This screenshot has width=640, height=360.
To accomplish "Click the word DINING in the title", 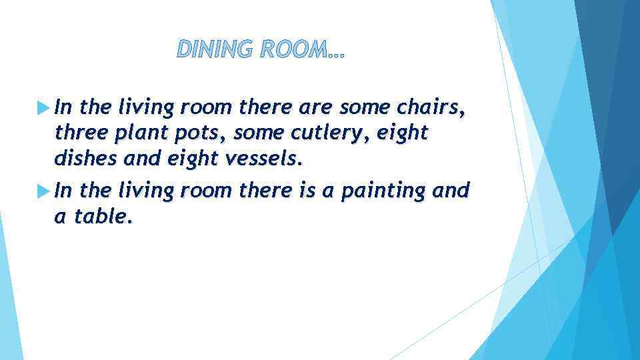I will tap(211, 49).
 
